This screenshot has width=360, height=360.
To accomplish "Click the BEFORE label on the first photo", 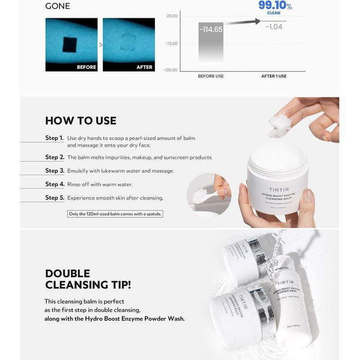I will (x=86, y=67).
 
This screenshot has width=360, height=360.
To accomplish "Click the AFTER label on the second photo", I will (x=144, y=67).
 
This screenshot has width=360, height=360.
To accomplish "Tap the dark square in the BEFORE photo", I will (x=71, y=44).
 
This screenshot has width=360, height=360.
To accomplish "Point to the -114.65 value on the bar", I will (x=211, y=29).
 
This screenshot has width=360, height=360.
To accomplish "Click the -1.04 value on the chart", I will (x=274, y=27).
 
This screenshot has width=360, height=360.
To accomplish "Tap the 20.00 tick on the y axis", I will (x=172, y=16).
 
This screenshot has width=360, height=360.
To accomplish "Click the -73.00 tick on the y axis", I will (x=171, y=44).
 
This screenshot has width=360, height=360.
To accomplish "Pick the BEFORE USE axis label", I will (x=211, y=76).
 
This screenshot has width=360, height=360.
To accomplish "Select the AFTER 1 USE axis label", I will (x=274, y=76).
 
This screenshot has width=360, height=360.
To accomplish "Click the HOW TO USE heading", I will (x=81, y=121).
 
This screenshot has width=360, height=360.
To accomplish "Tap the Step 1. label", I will (x=54, y=138).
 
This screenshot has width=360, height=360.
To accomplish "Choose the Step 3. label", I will (x=54, y=171).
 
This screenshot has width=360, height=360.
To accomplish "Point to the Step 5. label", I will (x=54, y=198).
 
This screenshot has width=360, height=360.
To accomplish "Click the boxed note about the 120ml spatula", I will (x=114, y=214).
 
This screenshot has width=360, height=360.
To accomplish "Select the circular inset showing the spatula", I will (x=209, y=195).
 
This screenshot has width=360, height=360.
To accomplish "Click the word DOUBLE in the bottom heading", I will (x=67, y=274).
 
